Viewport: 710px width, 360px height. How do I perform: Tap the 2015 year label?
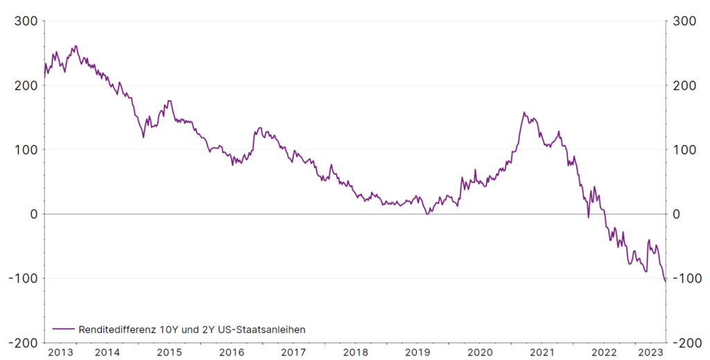(169, 352)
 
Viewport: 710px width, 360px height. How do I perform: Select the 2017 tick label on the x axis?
(293, 352)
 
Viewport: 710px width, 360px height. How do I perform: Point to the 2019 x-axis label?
(417, 352)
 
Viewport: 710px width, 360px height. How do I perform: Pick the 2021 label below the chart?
(542, 352)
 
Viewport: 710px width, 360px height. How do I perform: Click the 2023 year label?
(650, 352)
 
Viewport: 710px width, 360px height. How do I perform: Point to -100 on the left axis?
(25, 278)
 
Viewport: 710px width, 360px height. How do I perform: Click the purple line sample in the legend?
(64, 329)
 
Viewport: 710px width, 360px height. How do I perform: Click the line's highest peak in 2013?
(76, 46)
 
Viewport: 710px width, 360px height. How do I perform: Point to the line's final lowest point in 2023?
(665, 281)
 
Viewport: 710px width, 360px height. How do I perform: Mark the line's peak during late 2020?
(524, 112)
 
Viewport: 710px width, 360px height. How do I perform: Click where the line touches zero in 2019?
(427, 214)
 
